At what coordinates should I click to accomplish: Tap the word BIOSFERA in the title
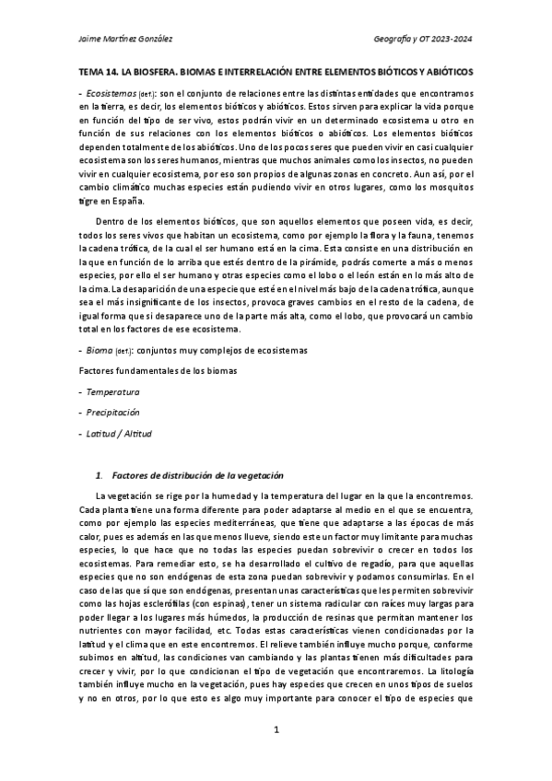pos(161,71)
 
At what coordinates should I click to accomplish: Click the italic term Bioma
pos(98,350)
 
